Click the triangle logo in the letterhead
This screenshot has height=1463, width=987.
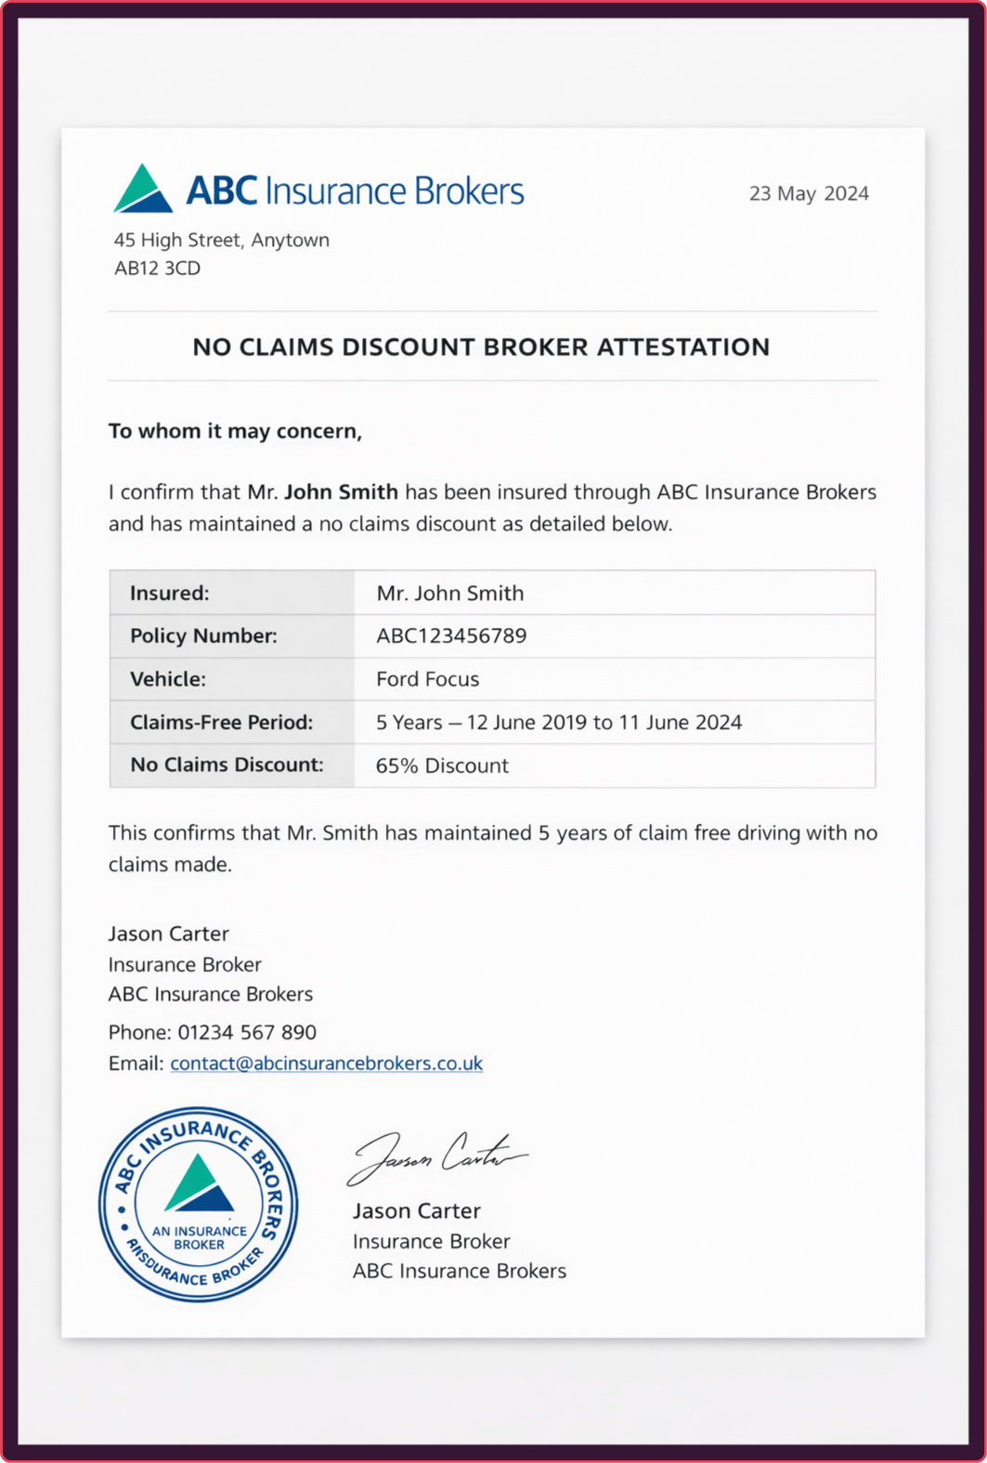pyautogui.click(x=143, y=189)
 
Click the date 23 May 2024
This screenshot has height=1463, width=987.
pyautogui.click(x=809, y=193)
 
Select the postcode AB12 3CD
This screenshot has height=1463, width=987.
pyautogui.click(x=157, y=268)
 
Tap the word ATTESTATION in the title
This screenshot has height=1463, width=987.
pyautogui.click(x=682, y=346)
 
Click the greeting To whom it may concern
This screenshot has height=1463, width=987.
pyautogui.click(x=235, y=431)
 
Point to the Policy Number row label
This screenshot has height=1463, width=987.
pyautogui.click(x=203, y=635)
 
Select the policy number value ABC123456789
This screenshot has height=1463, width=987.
pyautogui.click(x=451, y=635)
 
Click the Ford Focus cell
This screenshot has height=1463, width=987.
pyautogui.click(x=427, y=679)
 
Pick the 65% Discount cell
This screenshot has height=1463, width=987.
pyautogui.click(x=442, y=765)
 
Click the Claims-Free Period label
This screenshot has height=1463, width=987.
pyautogui.click(x=221, y=722)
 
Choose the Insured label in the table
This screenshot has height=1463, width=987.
pyautogui.click(x=169, y=593)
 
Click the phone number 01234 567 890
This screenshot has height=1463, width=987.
pyautogui.click(x=247, y=1032)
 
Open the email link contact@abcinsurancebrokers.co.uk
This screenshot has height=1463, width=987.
pyautogui.click(x=326, y=1063)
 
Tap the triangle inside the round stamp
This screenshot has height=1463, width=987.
pyautogui.click(x=198, y=1185)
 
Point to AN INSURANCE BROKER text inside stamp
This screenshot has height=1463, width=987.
pyautogui.click(x=199, y=1237)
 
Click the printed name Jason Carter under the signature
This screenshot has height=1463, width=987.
pyautogui.click(x=416, y=1210)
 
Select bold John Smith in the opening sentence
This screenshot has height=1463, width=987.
pyautogui.click(x=341, y=491)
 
